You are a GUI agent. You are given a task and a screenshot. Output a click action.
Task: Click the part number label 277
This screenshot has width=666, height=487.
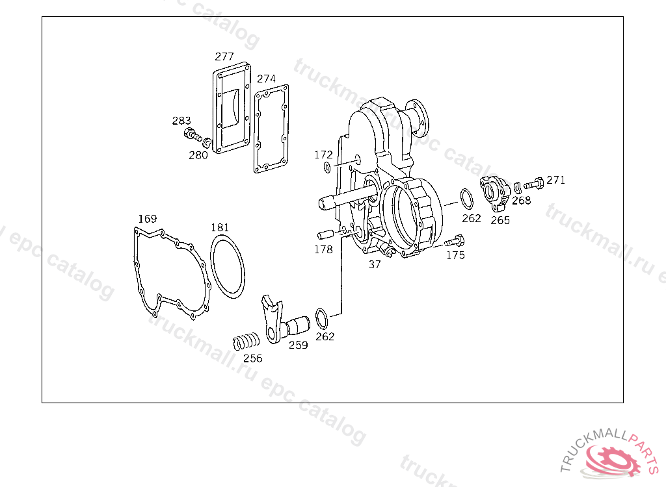point(224,56)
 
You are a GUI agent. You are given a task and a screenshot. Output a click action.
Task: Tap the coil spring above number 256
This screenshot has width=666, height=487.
point(246,341)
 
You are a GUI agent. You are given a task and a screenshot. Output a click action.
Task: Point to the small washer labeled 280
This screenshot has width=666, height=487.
point(207,143)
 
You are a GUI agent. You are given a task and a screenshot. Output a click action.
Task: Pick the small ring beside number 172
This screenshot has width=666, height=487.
point(327,167)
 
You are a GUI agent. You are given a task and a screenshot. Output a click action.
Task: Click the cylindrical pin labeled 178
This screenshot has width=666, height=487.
point(326,234)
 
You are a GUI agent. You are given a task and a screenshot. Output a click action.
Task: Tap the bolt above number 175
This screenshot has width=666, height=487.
point(455,242)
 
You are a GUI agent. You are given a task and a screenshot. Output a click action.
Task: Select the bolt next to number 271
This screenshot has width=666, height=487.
point(534,184)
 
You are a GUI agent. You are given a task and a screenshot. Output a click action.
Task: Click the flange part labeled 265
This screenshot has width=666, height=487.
point(495,192)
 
